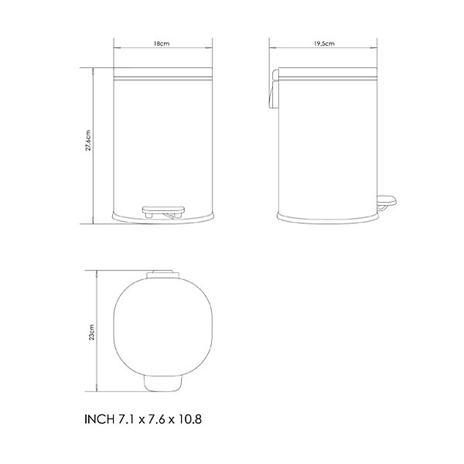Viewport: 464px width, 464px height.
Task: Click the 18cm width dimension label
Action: pyautogui.click(x=162, y=43)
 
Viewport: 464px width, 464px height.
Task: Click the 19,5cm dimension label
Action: pyautogui.click(x=324, y=43)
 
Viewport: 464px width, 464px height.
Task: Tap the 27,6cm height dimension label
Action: pyautogui.click(x=88, y=140)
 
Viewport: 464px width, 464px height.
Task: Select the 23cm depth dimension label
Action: pyautogui.click(x=92, y=332)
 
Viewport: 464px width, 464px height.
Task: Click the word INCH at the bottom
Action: pyautogui.click(x=99, y=419)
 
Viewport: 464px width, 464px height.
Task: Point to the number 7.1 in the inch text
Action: pyautogui.click(x=127, y=419)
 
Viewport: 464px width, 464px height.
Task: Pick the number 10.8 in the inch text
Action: pyautogui.click(x=189, y=419)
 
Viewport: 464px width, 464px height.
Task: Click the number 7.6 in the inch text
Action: pyautogui.click(x=156, y=419)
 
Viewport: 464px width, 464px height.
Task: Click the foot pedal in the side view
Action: pyautogui.click(x=387, y=203)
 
